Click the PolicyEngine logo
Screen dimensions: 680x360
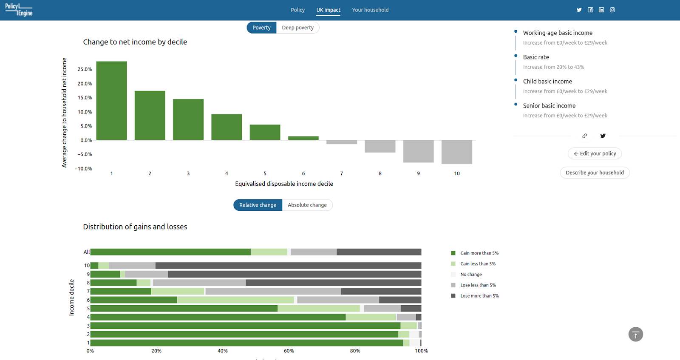[19, 10]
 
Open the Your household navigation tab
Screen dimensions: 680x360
[370, 10]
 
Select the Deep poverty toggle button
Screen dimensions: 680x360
[297, 28]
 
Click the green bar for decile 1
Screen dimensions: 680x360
[111, 101]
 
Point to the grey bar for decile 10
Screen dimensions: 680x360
[456, 152]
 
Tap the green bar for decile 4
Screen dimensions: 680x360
[227, 127]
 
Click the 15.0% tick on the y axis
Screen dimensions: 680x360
[85, 97]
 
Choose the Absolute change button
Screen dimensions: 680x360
[307, 205]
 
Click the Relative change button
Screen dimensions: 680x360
[258, 205]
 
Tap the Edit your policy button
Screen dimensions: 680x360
[595, 153]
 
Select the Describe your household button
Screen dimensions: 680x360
[595, 173]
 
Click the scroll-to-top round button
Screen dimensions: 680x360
[636, 334]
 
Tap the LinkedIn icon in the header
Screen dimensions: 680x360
[601, 10]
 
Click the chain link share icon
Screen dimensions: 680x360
[584, 136]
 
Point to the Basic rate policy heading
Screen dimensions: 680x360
[536, 57]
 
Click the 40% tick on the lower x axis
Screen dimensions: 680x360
[223, 351]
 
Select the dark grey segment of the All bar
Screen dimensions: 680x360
[379, 252]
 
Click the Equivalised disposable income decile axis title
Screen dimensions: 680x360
[284, 184]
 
